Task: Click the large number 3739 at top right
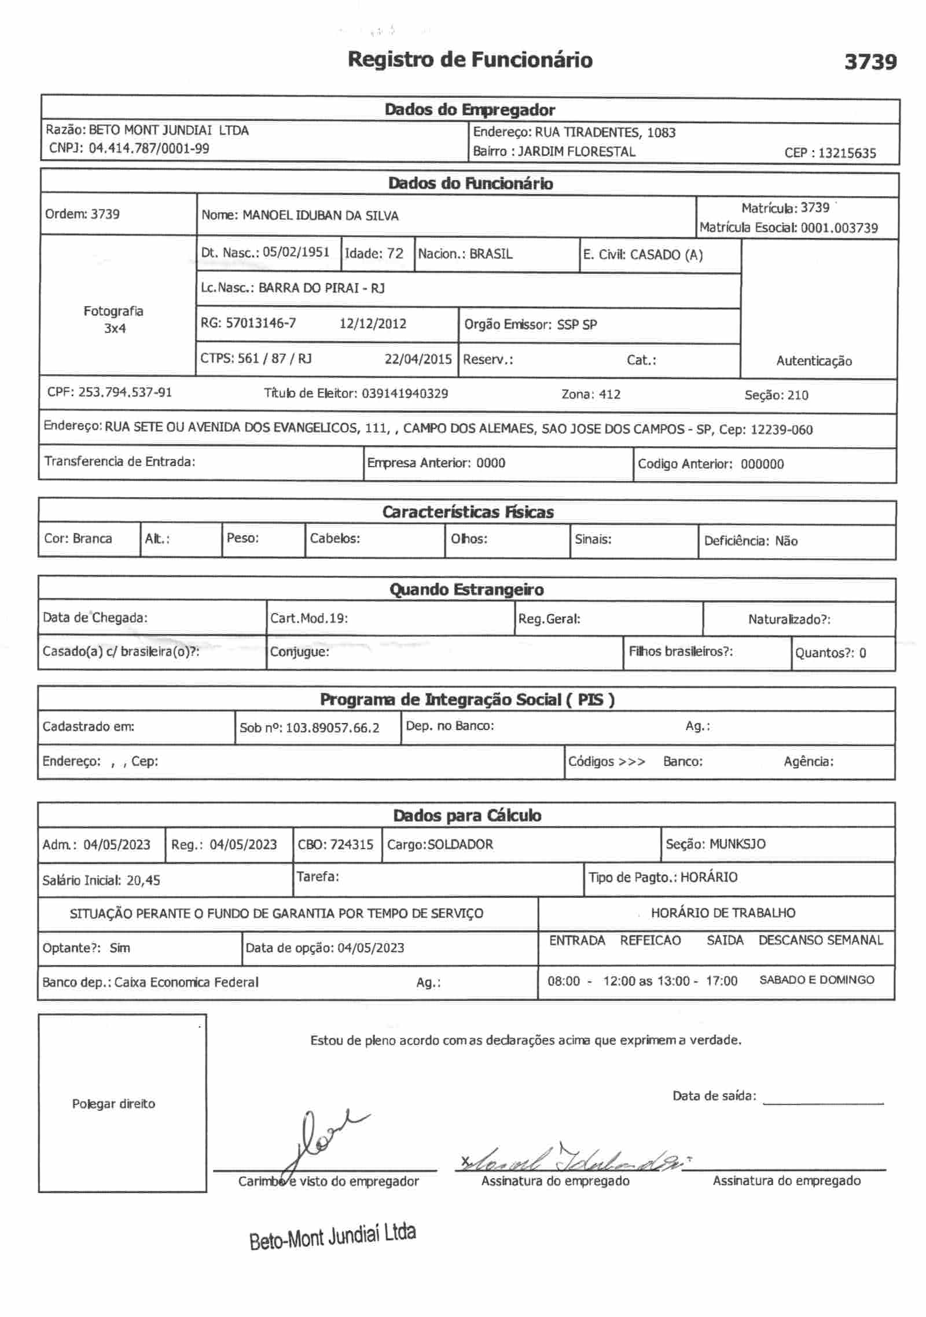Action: pos(870,61)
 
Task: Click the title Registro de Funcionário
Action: pos(470,60)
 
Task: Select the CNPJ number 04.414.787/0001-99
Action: pos(149,148)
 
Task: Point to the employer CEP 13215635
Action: pos(847,153)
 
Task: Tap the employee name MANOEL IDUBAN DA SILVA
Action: pos(321,216)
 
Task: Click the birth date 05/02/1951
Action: pos(296,252)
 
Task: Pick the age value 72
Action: pos(395,254)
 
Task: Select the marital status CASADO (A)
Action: pos(666,255)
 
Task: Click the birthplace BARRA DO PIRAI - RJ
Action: pos(321,288)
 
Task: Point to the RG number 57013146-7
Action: pos(260,323)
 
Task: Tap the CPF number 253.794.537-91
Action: pos(125,392)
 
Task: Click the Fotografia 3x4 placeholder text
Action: pos(114,320)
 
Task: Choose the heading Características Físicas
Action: pos(468,512)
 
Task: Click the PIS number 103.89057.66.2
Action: pos(333,728)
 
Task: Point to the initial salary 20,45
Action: pos(144,881)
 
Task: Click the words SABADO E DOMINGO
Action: pos(817,980)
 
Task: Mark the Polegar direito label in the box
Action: pos(113,1104)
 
